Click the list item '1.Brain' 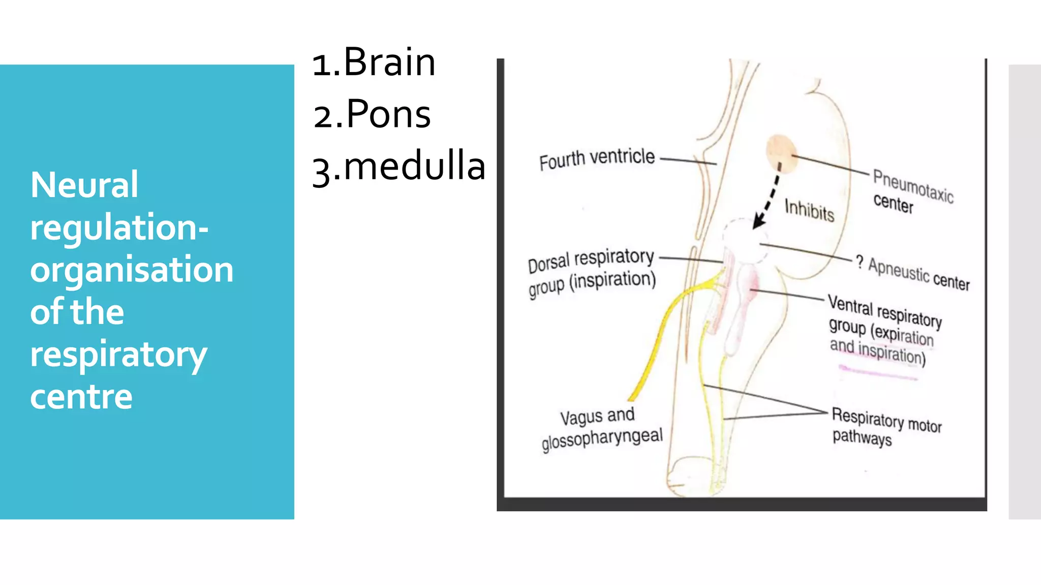[374, 62]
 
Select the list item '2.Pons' [372, 114]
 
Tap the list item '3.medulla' [399, 167]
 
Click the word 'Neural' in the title [84, 184]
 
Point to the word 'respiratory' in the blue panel [118, 354]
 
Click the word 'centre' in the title [81, 397]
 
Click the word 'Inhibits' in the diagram [809, 210]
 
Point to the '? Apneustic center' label [913, 273]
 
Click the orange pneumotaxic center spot [781, 152]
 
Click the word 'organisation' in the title [132, 270]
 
